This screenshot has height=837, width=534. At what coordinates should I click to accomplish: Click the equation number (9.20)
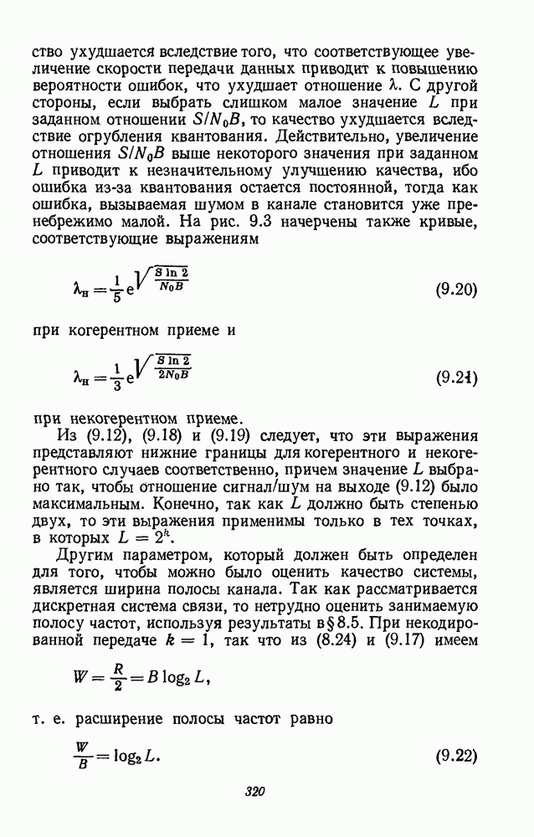456,292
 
